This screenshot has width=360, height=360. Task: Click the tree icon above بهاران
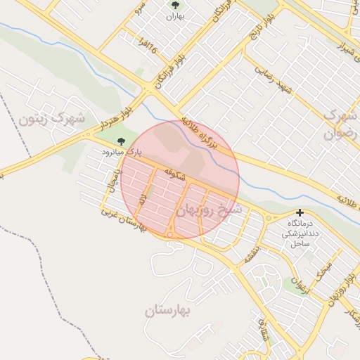point(175,6)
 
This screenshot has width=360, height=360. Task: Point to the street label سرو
point(141,11)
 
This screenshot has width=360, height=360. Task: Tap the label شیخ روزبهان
point(209,209)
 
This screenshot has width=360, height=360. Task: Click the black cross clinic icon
point(300,212)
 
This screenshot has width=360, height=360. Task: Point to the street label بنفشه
point(252,253)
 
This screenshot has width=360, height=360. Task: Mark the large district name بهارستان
point(173,310)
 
